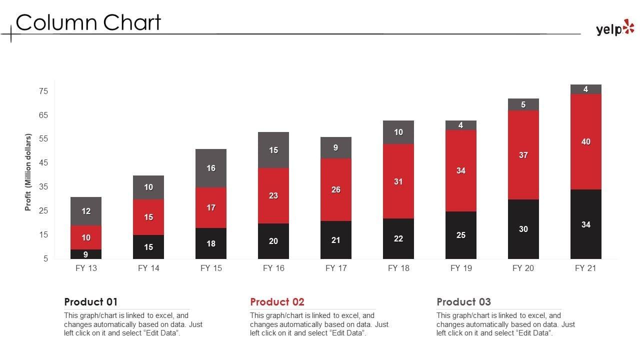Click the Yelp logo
tap(614, 28)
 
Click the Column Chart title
tap(88, 22)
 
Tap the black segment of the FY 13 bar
tap(86, 254)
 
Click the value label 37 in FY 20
tap(523, 155)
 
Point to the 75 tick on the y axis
tap(43, 91)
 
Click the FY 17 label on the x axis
tap(336, 268)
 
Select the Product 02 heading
tap(277, 302)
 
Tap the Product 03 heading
tap(463, 302)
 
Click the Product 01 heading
tap(90, 302)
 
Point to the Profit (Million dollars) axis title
tap(28, 172)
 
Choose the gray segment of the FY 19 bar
tap(460, 125)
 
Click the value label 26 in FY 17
tap(336, 190)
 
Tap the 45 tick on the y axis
tap(43, 163)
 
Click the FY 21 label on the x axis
tap(585, 268)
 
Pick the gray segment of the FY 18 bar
tap(398, 132)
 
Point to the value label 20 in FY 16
tap(273, 241)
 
